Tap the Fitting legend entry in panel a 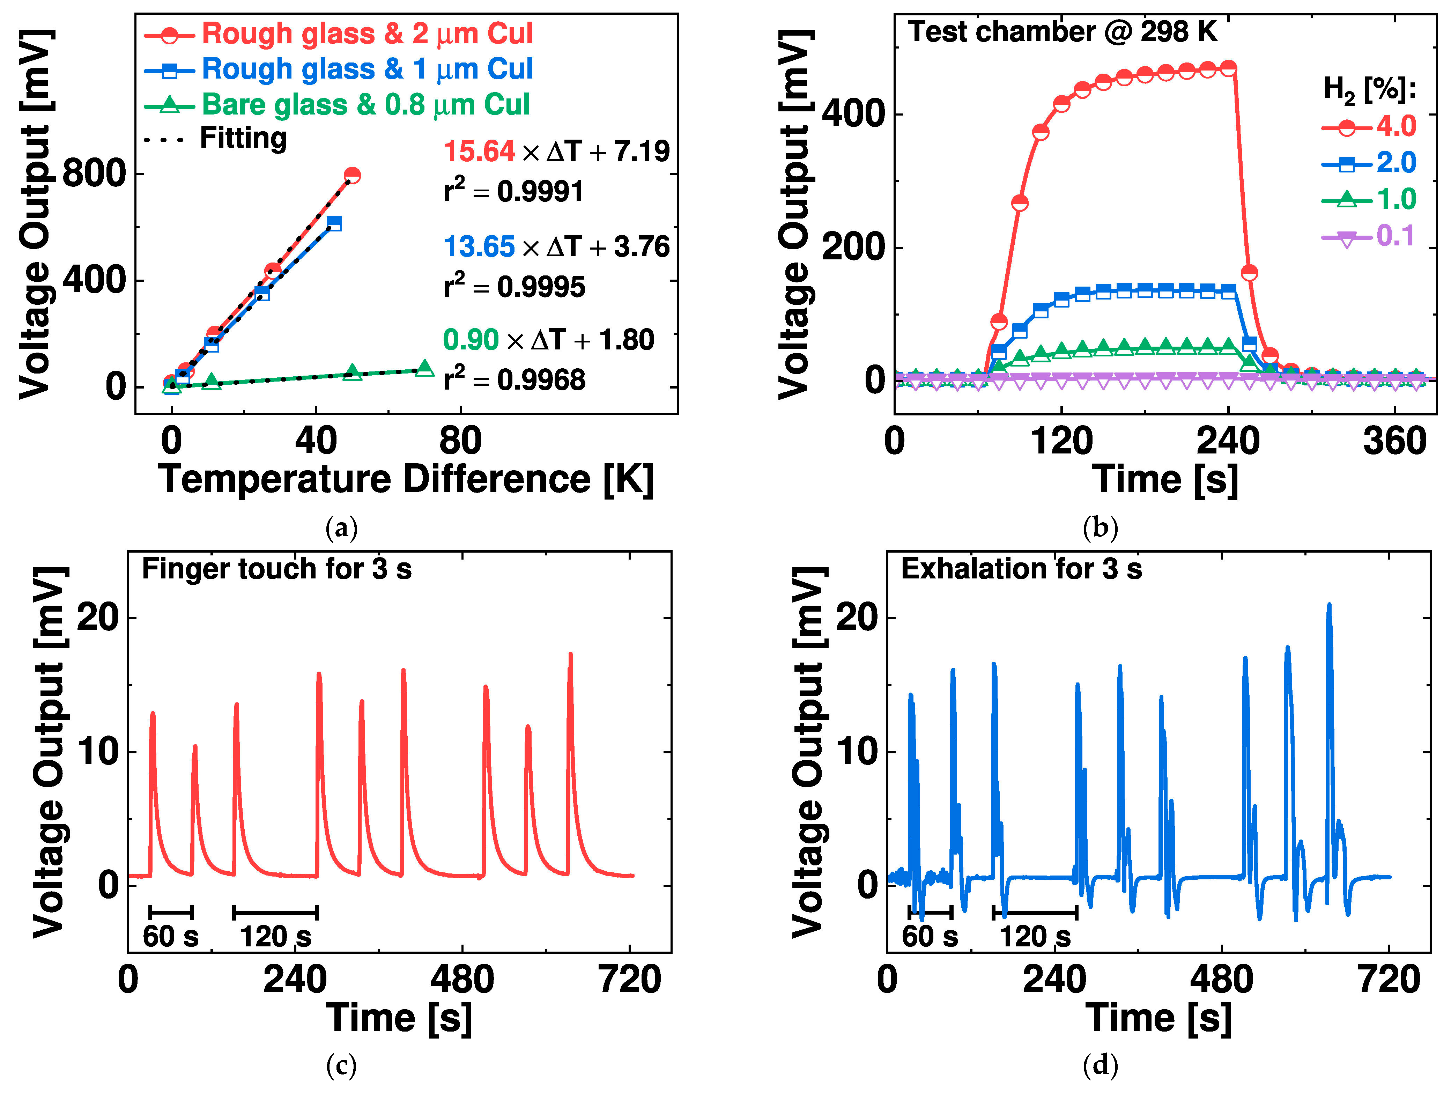243,139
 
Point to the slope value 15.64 479,152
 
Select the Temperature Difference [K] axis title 406,480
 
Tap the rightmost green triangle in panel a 424,368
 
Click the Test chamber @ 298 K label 1062,32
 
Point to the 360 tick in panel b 1394,441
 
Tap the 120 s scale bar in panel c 275,912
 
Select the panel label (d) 1100,1065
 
